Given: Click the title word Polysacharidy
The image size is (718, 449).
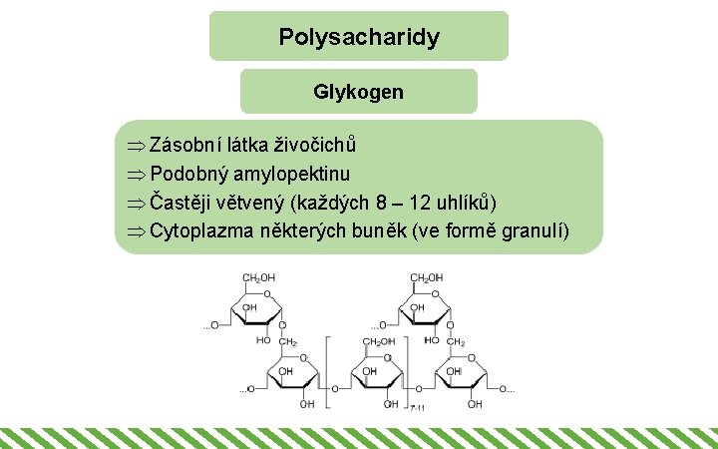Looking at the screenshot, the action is click(359, 38).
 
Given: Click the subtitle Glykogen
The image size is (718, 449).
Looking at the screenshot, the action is click(359, 92).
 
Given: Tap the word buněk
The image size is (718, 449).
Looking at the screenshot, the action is click(408, 230).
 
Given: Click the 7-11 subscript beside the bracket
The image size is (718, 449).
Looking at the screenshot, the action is click(417, 407).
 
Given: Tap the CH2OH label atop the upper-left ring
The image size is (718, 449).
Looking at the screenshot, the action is click(259, 277).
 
